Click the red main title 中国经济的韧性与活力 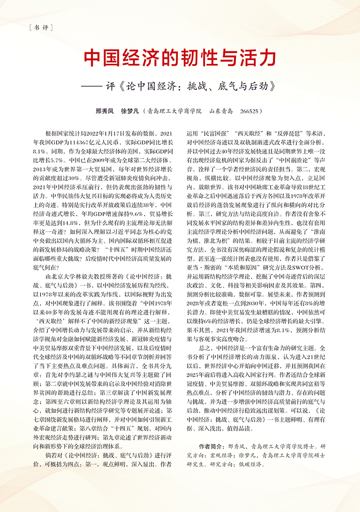(x=180, y=57)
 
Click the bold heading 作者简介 (x=211, y=447)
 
